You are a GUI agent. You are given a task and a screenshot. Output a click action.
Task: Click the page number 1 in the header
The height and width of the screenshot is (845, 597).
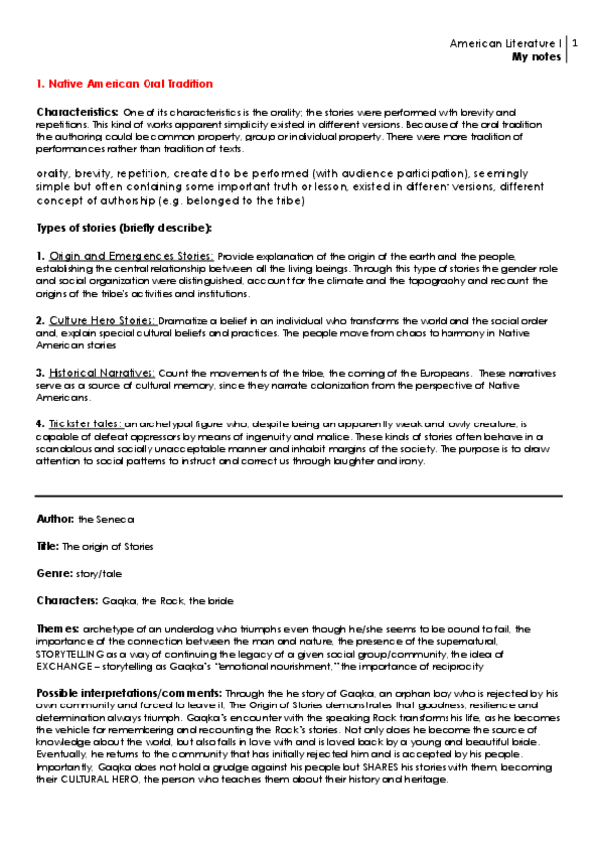point(575,44)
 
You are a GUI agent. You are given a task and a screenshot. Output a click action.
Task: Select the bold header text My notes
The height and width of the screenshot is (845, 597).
point(536,57)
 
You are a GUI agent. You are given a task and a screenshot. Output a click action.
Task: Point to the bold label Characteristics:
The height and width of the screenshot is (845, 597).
point(78,111)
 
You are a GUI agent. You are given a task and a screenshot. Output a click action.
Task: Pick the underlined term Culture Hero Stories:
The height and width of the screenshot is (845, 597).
point(104,320)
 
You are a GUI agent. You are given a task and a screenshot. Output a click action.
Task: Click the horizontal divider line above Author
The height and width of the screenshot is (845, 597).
point(298,495)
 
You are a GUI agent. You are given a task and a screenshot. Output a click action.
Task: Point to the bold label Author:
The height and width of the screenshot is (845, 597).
point(55,519)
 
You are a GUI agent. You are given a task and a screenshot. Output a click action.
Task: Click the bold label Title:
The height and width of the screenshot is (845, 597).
point(48,547)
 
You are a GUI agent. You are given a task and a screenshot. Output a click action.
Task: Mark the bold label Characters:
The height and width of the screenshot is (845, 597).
point(67,602)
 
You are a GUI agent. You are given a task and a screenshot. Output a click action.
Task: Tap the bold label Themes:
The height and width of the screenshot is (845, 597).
point(58,629)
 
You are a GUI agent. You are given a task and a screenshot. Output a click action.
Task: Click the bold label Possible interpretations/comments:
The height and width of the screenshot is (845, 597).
point(130,692)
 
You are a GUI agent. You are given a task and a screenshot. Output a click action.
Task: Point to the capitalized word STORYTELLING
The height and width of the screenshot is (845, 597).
point(72,654)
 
